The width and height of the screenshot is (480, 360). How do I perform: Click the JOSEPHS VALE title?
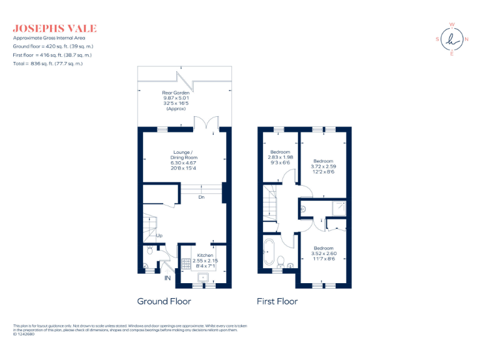pos(54,29)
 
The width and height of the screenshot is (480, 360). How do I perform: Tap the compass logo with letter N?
pos(451,39)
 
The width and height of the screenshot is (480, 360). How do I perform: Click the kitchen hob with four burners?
pos(186,262)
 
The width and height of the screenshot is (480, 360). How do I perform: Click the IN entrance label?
pos(167,277)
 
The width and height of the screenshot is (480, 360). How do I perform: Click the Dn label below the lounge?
pos(201,197)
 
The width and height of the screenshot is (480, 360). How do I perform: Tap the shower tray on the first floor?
pos(337,209)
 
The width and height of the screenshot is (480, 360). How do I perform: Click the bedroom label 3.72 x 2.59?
pos(323,166)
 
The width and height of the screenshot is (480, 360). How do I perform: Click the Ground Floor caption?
pos(164,301)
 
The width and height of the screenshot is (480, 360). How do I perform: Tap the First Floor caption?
pos(277,301)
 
